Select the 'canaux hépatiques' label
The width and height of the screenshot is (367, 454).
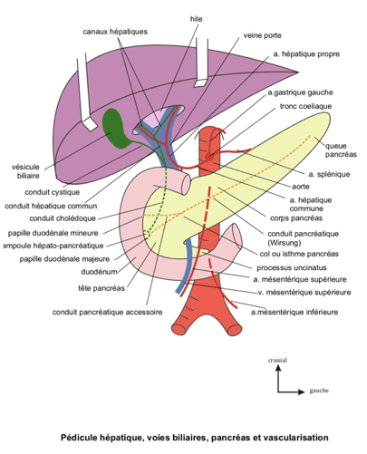click(x=115, y=31)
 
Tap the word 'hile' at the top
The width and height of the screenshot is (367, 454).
click(x=196, y=17)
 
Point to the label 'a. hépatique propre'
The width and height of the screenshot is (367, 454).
click(x=306, y=54)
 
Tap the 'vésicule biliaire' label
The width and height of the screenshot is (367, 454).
click(x=25, y=171)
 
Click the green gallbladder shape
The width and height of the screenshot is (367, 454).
click(x=115, y=129)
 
